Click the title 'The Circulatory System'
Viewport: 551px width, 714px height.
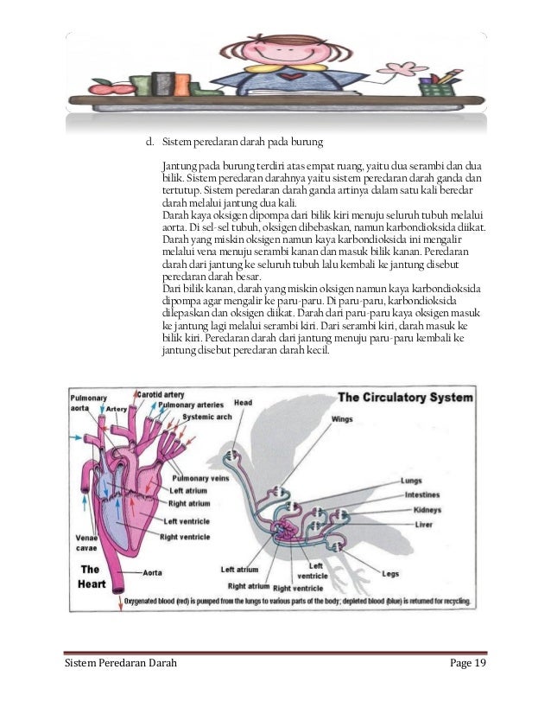[405, 398]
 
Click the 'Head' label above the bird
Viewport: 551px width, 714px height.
[243, 403]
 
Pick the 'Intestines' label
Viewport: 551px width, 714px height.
[422, 495]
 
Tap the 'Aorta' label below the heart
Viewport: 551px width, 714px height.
[153, 572]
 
